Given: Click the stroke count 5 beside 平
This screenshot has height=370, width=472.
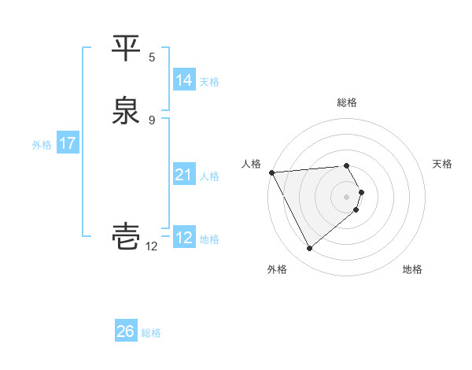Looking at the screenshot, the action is (152, 57).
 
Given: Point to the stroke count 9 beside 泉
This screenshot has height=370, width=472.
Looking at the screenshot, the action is (152, 120).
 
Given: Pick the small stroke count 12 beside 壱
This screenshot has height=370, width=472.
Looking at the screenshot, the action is (152, 246).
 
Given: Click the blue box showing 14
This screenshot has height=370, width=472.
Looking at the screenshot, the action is (184, 80).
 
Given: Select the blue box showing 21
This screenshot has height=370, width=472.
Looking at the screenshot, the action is (184, 175).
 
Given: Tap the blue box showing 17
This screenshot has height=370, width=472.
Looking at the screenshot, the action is (68, 143).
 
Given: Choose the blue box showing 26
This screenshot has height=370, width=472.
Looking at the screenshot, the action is (126, 331).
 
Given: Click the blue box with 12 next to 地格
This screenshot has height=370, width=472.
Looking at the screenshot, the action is (184, 238).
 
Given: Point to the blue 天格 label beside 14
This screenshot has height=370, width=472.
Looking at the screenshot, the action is (209, 82).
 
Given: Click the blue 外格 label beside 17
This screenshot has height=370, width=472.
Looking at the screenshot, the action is (42, 145).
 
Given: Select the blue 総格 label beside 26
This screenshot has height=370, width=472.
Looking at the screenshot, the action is (151, 333).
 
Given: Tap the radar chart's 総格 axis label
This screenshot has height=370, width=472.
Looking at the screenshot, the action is (347, 102).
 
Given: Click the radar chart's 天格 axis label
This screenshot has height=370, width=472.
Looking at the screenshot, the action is (443, 164).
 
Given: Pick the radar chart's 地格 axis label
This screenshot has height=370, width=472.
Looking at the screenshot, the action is (412, 269).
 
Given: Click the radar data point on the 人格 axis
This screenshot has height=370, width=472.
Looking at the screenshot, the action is (271, 172).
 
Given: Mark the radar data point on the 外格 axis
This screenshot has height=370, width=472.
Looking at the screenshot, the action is (309, 249).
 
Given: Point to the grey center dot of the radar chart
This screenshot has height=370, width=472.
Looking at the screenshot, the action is (347, 196).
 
